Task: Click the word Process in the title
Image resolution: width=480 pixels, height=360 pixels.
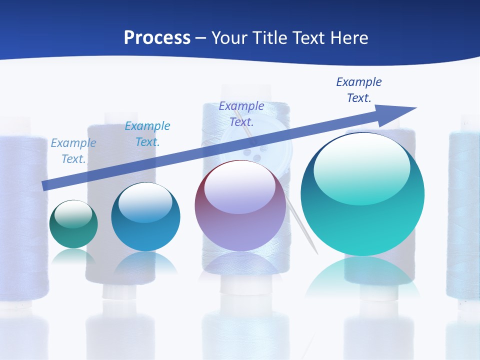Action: pyautogui.click(x=157, y=38)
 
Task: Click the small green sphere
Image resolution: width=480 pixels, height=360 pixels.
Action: pyautogui.click(x=73, y=225)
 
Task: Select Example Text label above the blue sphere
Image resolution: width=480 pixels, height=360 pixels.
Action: pyautogui.click(x=147, y=134)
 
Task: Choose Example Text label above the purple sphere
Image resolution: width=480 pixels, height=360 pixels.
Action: pyautogui.click(x=241, y=114)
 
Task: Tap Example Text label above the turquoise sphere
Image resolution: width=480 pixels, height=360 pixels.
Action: pyautogui.click(x=359, y=90)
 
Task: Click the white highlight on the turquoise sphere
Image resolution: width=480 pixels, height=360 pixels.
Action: pyautogui.click(x=361, y=160)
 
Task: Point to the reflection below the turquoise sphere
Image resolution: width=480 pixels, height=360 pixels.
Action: pyautogui.click(x=362, y=277)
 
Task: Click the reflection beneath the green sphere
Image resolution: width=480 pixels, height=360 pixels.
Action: pyautogui.click(x=73, y=256)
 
